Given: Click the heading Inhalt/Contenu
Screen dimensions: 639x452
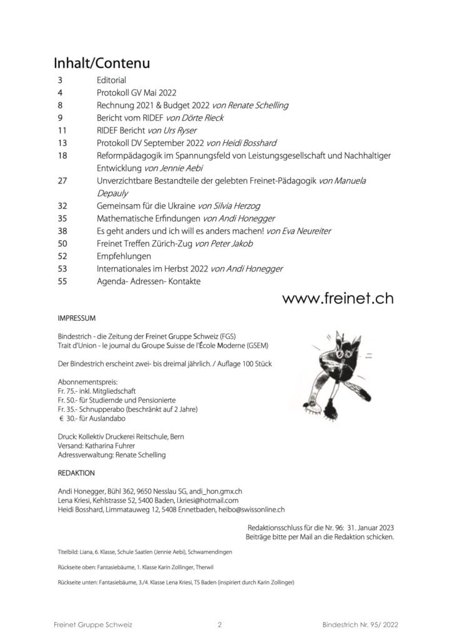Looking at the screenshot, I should (101, 64).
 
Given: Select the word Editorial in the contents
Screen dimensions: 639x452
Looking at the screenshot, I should (111, 80).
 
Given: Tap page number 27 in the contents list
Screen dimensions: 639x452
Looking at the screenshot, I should (61, 180).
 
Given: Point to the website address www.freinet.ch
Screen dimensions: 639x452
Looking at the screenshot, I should (337, 298).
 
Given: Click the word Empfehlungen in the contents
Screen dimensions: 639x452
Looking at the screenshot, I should (124, 256).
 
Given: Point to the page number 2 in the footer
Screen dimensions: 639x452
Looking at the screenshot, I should (220, 624).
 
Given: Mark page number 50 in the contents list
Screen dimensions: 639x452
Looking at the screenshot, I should (61, 243).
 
